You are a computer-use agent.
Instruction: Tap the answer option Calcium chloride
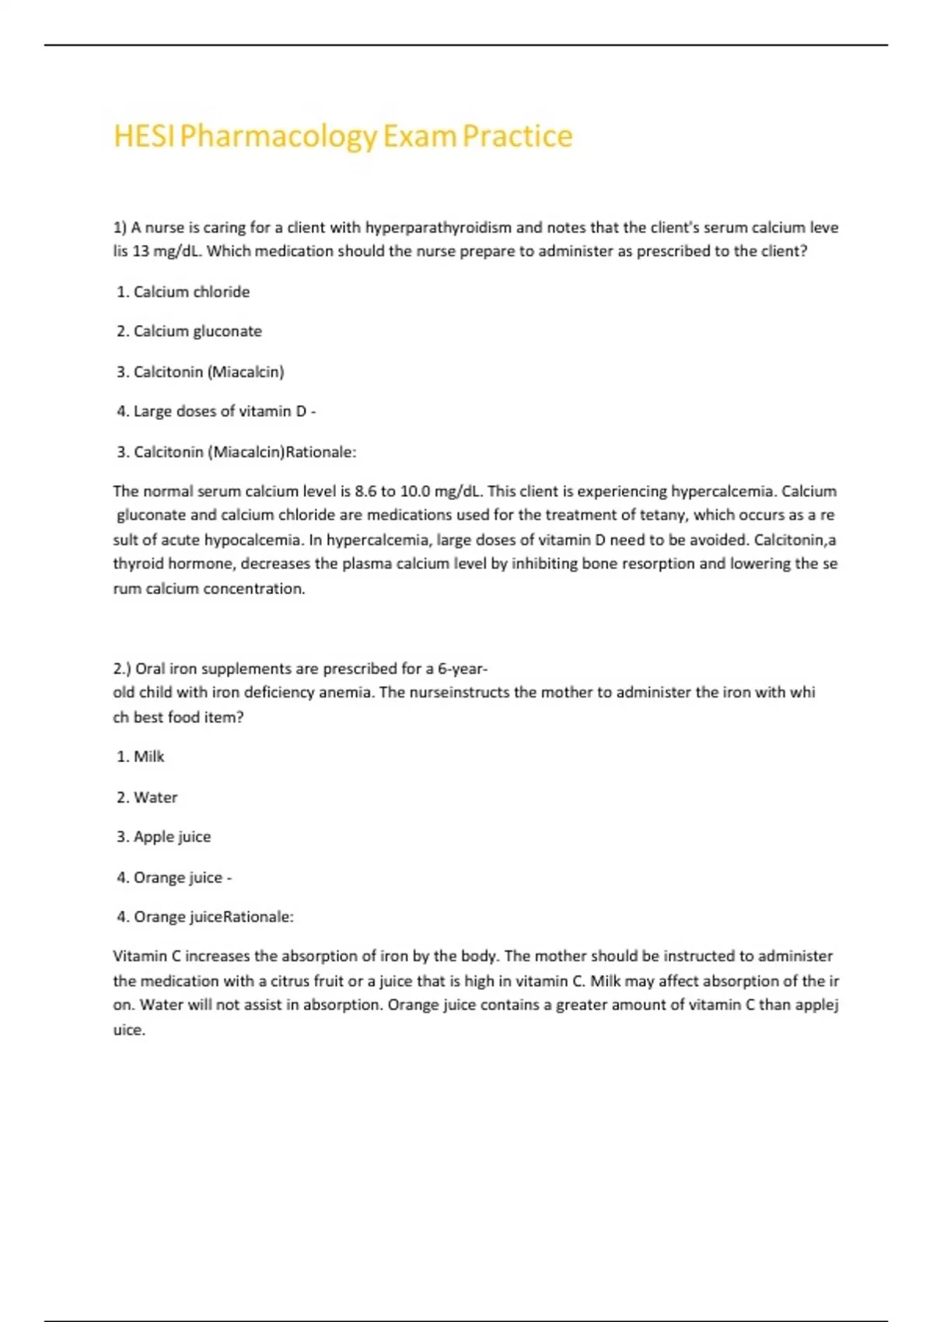(x=191, y=292)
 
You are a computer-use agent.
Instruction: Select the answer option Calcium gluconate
(x=197, y=331)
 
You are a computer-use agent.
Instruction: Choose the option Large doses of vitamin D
(x=220, y=411)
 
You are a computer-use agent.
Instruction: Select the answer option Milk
(x=149, y=757)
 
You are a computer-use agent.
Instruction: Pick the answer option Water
(x=155, y=798)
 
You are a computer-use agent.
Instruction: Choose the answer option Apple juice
(x=172, y=837)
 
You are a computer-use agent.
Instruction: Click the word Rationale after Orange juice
(x=258, y=917)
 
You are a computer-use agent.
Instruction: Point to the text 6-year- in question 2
(x=463, y=669)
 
